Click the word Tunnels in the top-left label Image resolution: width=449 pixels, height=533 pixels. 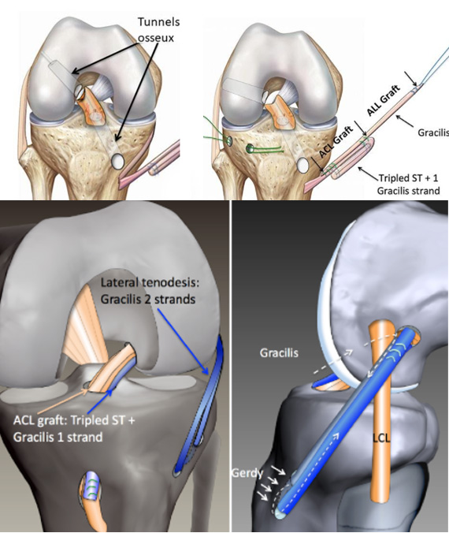(158, 22)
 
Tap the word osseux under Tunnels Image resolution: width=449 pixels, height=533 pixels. (155, 37)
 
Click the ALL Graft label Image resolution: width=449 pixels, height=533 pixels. (384, 100)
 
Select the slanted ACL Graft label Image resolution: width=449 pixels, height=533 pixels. (336, 141)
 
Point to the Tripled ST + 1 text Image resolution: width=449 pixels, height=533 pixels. (408, 177)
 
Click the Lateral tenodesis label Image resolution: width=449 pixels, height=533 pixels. (150, 283)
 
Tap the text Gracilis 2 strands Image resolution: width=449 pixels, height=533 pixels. (148, 299)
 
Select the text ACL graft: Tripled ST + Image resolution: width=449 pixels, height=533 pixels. (74, 420)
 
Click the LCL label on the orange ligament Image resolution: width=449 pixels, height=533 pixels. (381, 438)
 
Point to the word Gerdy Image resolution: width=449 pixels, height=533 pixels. (247, 473)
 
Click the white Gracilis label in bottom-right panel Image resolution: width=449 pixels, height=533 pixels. (279, 353)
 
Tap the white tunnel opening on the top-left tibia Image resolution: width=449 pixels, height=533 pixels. (118, 161)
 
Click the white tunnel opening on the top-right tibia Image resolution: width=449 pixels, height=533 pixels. (303, 166)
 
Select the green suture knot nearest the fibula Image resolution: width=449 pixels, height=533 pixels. (228, 140)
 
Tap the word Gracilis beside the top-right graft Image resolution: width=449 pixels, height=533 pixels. (433, 132)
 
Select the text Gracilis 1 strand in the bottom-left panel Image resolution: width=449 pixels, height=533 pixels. (58, 437)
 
